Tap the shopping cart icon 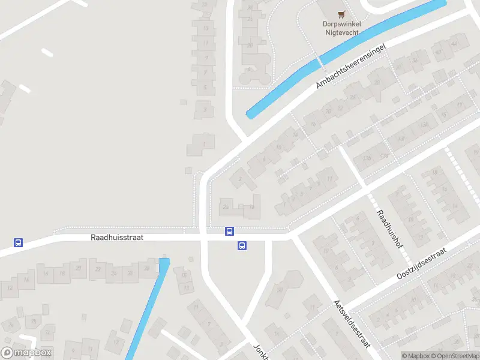[x=341, y=14]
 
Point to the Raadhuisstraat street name [x=117, y=238]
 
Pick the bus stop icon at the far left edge [x=19, y=243]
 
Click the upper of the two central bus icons [x=229, y=231]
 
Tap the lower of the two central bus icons [x=242, y=245]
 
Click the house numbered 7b [x=252, y=207]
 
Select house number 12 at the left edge [x=10, y=288]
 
